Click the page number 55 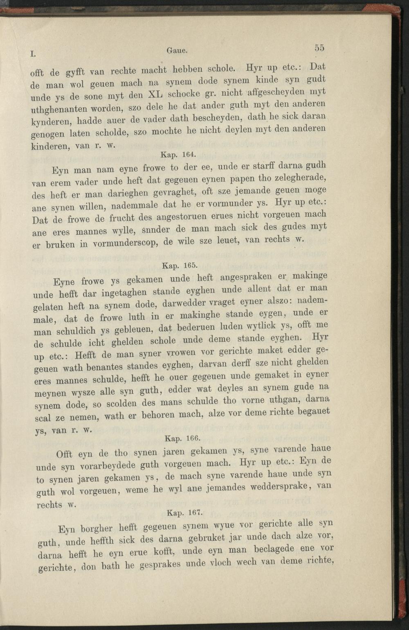319,47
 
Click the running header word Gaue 177,51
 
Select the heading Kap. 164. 173,155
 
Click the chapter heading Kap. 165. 175,265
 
